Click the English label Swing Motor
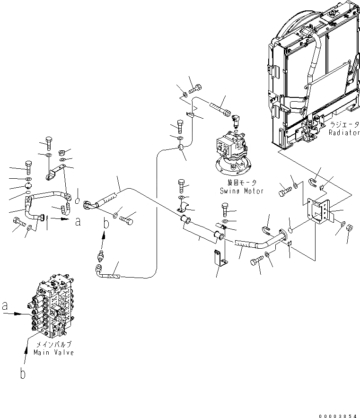click(241, 191)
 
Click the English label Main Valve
click(53, 353)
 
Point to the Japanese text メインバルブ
click(53, 345)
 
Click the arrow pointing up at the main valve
click(25, 355)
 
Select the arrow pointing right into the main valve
click(21, 313)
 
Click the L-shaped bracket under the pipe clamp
click(219, 259)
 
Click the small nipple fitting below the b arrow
click(99, 256)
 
